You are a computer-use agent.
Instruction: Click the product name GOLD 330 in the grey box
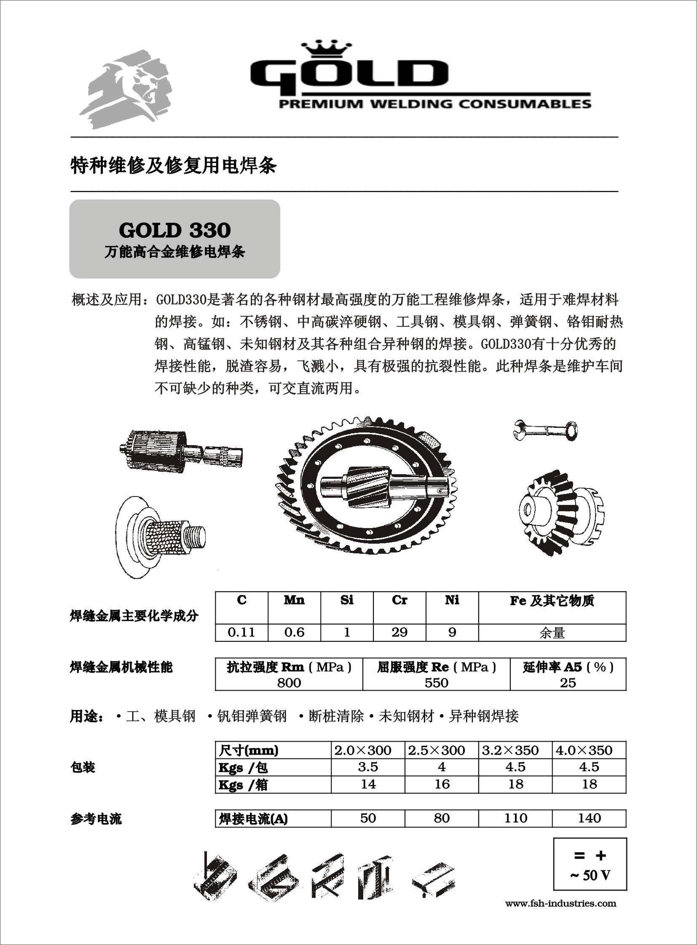pos(175,230)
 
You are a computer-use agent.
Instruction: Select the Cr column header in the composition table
pos(399,600)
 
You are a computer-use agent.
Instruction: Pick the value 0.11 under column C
pos(241,632)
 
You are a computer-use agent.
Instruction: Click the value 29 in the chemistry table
pos(399,632)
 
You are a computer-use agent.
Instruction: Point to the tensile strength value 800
pos(289,683)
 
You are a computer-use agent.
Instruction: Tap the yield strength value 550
pos(436,683)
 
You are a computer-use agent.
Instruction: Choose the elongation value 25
pos(568,683)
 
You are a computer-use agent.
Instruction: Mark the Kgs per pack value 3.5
pos(368,767)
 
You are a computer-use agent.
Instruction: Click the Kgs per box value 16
pos(442,784)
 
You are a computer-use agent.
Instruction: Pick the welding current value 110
pos(515,819)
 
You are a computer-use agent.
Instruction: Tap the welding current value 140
pos(589,819)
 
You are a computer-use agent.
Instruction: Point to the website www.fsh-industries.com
pos(561,904)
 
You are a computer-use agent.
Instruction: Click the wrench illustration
pos(546,430)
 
